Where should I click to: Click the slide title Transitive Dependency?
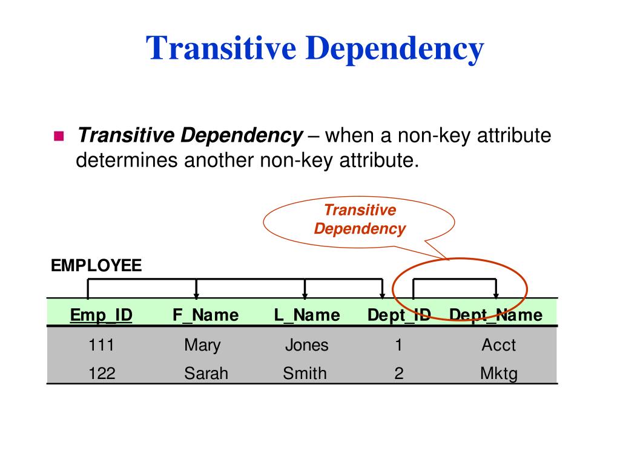315,48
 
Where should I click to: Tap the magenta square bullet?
59,136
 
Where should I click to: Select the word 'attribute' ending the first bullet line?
513,136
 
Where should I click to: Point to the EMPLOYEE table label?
96,265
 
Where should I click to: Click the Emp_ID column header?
101,315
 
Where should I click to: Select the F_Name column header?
205,315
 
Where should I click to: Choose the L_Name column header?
307,315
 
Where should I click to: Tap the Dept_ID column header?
399,315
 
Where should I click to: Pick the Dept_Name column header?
496,315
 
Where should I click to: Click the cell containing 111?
101,345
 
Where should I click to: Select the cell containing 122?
101,374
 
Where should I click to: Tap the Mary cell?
202,345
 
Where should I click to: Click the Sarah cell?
206,374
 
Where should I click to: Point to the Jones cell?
306,345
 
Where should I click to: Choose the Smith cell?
305,374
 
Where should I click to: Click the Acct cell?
498,345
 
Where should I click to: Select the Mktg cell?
499,374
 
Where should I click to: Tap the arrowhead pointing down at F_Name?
196,295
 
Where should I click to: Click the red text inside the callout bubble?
360,219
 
